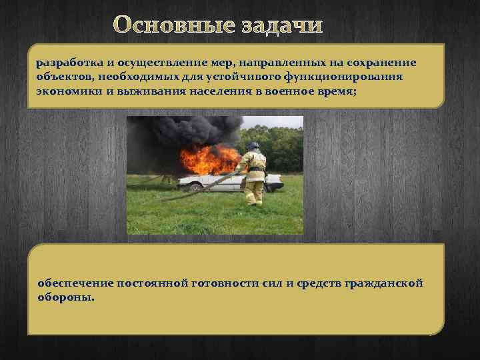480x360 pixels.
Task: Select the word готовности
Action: pyautogui.click(x=229, y=283)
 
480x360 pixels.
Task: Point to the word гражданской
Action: pyautogui.click(x=385, y=283)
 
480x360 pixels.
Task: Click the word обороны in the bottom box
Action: pyautogui.click(x=65, y=297)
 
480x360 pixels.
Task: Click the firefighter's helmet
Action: pyautogui.click(x=253, y=146)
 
